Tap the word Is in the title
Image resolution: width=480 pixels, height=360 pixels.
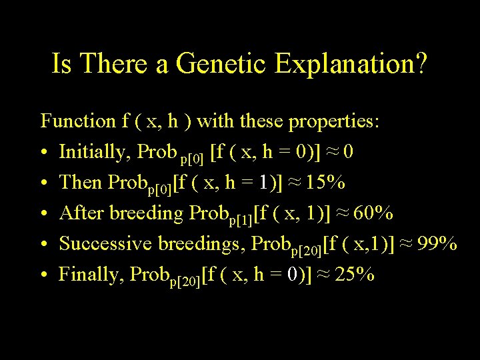[x=62, y=65]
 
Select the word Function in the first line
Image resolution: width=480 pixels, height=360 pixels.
[x=78, y=121]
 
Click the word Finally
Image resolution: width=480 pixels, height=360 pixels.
[x=91, y=275]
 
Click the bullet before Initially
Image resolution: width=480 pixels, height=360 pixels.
[x=44, y=153]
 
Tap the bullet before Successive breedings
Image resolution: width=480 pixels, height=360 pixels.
[x=44, y=245]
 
